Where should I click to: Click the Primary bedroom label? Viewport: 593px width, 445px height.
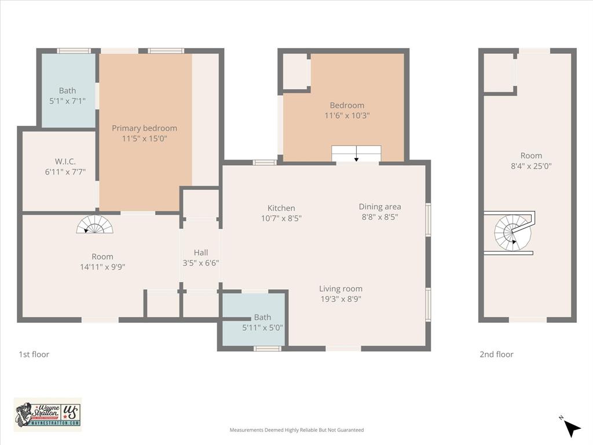point(144,128)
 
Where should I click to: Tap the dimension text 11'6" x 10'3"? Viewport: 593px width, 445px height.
point(347,115)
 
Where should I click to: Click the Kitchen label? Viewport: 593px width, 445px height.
point(281,208)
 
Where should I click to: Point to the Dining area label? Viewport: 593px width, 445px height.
point(379,206)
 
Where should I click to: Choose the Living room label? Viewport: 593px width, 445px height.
point(341,289)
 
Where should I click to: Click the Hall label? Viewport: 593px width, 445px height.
point(201,253)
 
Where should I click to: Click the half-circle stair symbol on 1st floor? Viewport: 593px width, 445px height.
point(94,225)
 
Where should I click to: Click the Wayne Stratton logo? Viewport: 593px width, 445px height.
point(47,414)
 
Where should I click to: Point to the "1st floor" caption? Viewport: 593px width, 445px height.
point(34,354)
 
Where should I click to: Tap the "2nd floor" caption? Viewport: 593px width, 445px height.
point(496,354)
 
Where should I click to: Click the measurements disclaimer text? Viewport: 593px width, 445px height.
point(296,430)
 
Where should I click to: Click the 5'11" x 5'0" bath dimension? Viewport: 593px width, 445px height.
point(262,327)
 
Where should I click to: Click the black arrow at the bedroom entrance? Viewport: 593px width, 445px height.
point(356,155)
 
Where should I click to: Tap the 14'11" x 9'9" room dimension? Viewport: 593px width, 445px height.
point(103,267)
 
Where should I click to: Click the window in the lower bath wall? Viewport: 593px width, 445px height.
point(268,348)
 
